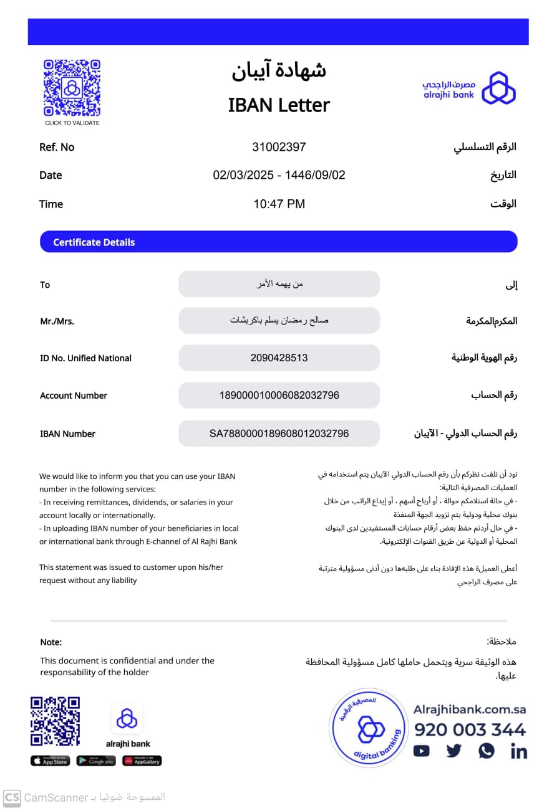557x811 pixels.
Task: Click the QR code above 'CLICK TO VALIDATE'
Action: [72, 87]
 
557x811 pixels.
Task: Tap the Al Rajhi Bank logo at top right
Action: [468, 88]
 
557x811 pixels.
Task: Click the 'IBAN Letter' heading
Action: [279, 105]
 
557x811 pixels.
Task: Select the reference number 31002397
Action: [279, 147]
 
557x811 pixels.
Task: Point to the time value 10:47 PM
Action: [279, 204]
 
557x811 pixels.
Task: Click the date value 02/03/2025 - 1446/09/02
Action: [279, 175]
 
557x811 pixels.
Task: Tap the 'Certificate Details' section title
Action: [94, 242]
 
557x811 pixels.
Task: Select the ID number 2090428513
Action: [279, 358]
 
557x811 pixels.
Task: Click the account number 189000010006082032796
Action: [279, 396]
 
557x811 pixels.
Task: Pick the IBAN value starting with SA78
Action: [279, 434]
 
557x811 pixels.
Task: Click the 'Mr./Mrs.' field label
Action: [57, 321]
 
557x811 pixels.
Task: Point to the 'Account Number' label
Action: [74, 396]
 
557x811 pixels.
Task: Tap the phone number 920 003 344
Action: [470, 729]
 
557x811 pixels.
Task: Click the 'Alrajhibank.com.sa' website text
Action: [470, 709]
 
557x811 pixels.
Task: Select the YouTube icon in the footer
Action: [422, 751]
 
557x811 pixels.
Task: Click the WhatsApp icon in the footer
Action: [487, 751]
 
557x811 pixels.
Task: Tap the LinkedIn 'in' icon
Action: [518, 751]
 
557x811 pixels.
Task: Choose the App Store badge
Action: [50, 761]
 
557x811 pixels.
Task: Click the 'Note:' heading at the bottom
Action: [51, 642]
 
